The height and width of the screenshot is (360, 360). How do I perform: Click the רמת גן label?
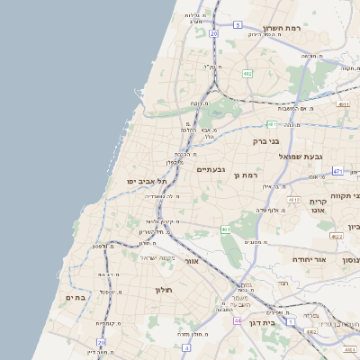click(x=246, y=175)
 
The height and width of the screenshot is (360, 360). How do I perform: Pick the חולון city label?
click(x=163, y=290)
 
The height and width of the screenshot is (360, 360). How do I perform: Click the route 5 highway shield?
click(x=238, y=25)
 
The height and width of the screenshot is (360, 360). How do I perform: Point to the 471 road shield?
click(x=337, y=170)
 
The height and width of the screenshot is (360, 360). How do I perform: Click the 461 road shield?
click(x=225, y=229)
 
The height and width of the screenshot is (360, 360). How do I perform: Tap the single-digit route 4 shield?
click(x=185, y=346)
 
